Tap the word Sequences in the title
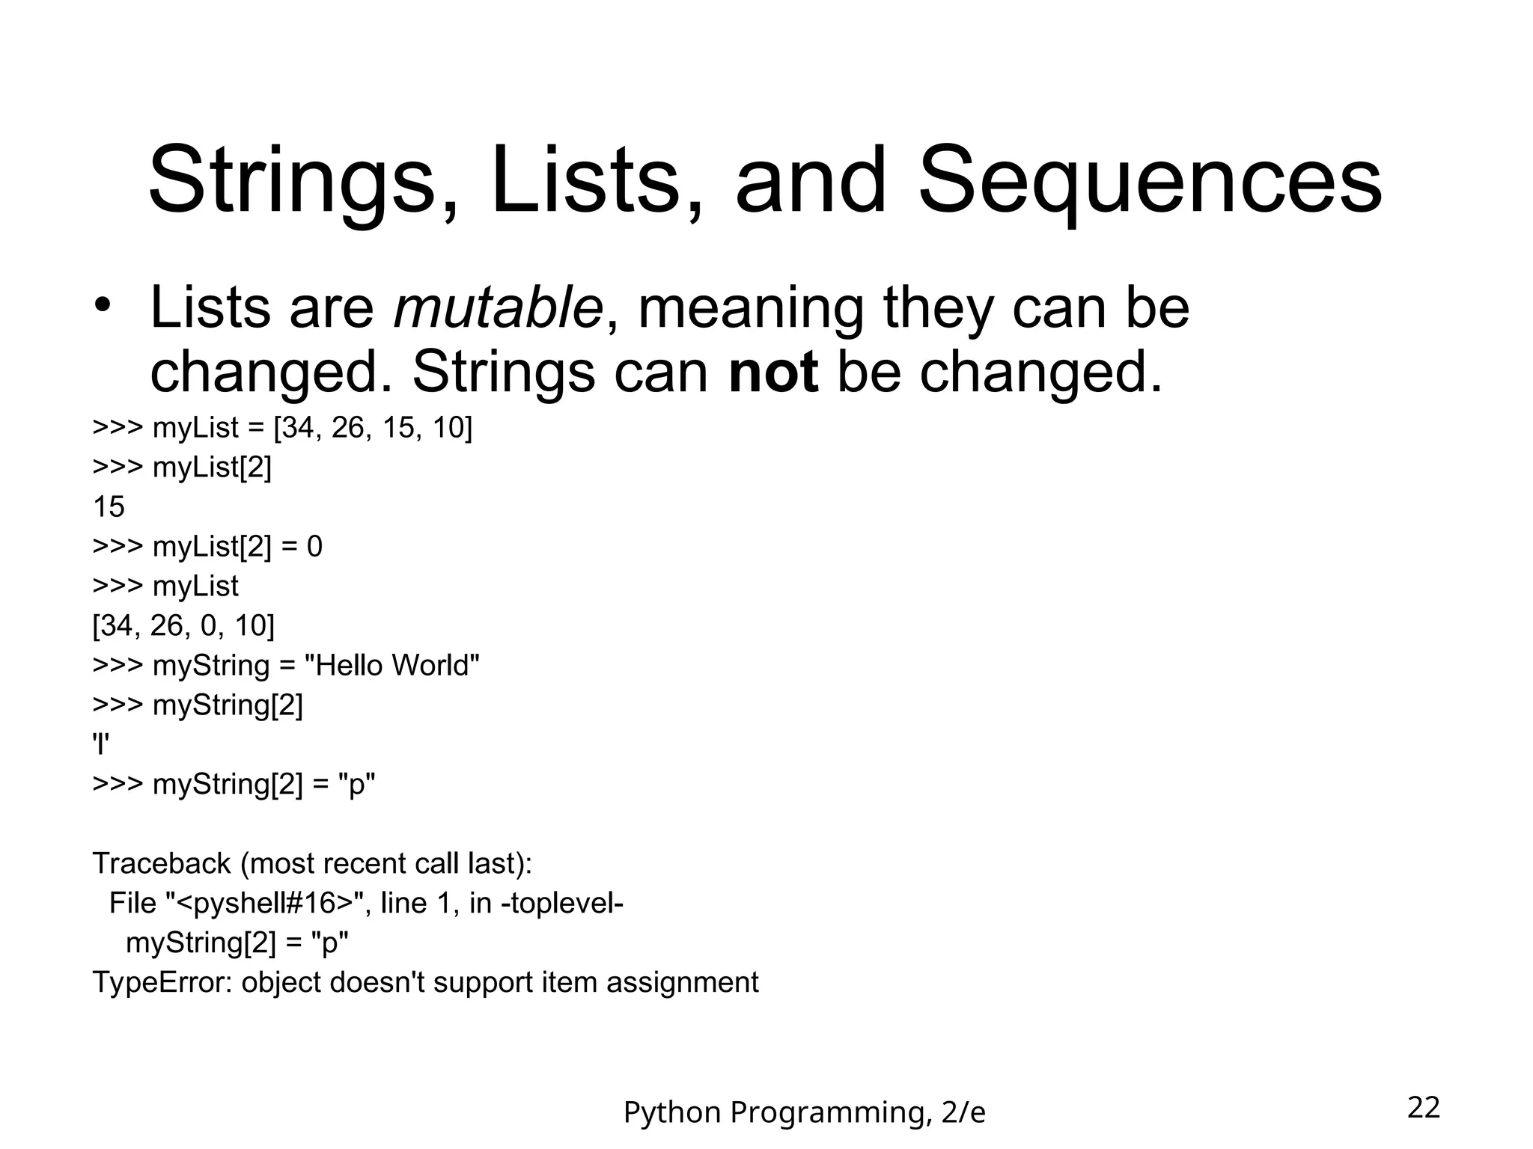click(x=1149, y=182)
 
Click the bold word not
click(x=772, y=372)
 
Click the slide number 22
click(x=1423, y=1107)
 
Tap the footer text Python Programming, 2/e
click(x=804, y=1112)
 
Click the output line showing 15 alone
click(x=109, y=507)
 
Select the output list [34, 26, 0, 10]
click(x=183, y=625)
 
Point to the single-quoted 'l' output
click(x=101, y=744)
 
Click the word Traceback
click(x=162, y=863)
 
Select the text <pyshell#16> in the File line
click(x=263, y=903)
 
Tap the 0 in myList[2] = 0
click(x=314, y=547)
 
